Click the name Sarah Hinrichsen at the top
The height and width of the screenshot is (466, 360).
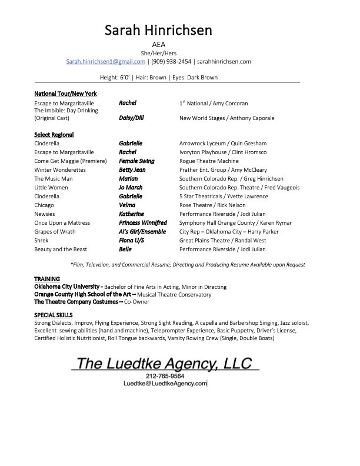[159, 30]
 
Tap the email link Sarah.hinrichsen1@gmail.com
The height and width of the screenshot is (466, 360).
[105, 61]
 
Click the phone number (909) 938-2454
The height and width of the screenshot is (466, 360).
[171, 61]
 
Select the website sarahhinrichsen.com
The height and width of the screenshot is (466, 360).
[224, 61]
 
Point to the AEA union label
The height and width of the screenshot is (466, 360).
[159, 44]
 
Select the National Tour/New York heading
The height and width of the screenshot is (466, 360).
[65, 94]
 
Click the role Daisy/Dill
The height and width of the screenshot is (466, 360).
[131, 118]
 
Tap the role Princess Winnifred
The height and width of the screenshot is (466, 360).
[143, 223]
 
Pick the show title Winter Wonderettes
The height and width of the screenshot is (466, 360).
[60, 170]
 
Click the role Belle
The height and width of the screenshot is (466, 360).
[125, 249]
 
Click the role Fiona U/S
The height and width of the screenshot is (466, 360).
[132, 241]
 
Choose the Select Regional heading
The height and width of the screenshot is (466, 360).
[54, 135]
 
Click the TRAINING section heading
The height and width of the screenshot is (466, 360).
[46, 278]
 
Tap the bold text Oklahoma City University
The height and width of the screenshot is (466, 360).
[68, 287]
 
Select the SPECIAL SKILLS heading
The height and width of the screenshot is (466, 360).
[54, 315]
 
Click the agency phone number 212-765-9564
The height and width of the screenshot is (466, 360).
[165, 375]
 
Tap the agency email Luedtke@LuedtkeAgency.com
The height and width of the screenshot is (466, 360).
[165, 383]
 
